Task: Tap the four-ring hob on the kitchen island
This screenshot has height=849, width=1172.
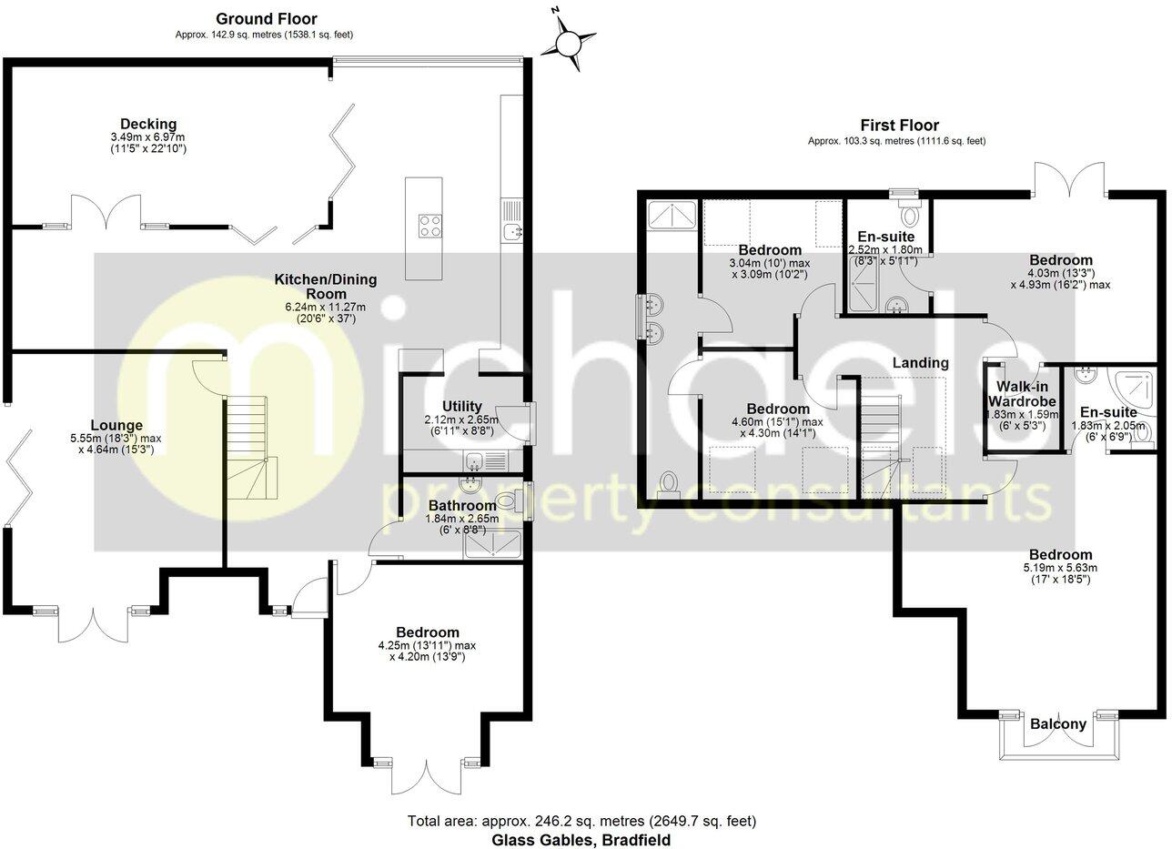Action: click(429, 226)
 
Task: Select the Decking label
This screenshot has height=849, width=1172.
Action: click(148, 124)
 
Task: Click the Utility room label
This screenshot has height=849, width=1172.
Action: click(461, 407)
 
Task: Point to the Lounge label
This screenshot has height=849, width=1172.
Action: click(116, 426)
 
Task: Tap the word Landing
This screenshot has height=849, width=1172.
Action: click(920, 362)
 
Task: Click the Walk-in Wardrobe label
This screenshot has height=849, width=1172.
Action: click(1022, 394)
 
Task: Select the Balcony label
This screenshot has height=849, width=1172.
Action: click(1058, 724)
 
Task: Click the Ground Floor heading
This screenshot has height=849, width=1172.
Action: click(267, 19)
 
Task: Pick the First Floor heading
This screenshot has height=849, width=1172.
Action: click(899, 125)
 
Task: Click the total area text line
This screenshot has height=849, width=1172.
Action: click(581, 821)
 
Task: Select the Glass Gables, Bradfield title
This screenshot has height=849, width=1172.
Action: click(581, 840)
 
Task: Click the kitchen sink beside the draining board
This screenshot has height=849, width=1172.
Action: click(511, 230)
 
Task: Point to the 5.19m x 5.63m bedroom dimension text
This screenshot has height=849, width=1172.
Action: click(1061, 573)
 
